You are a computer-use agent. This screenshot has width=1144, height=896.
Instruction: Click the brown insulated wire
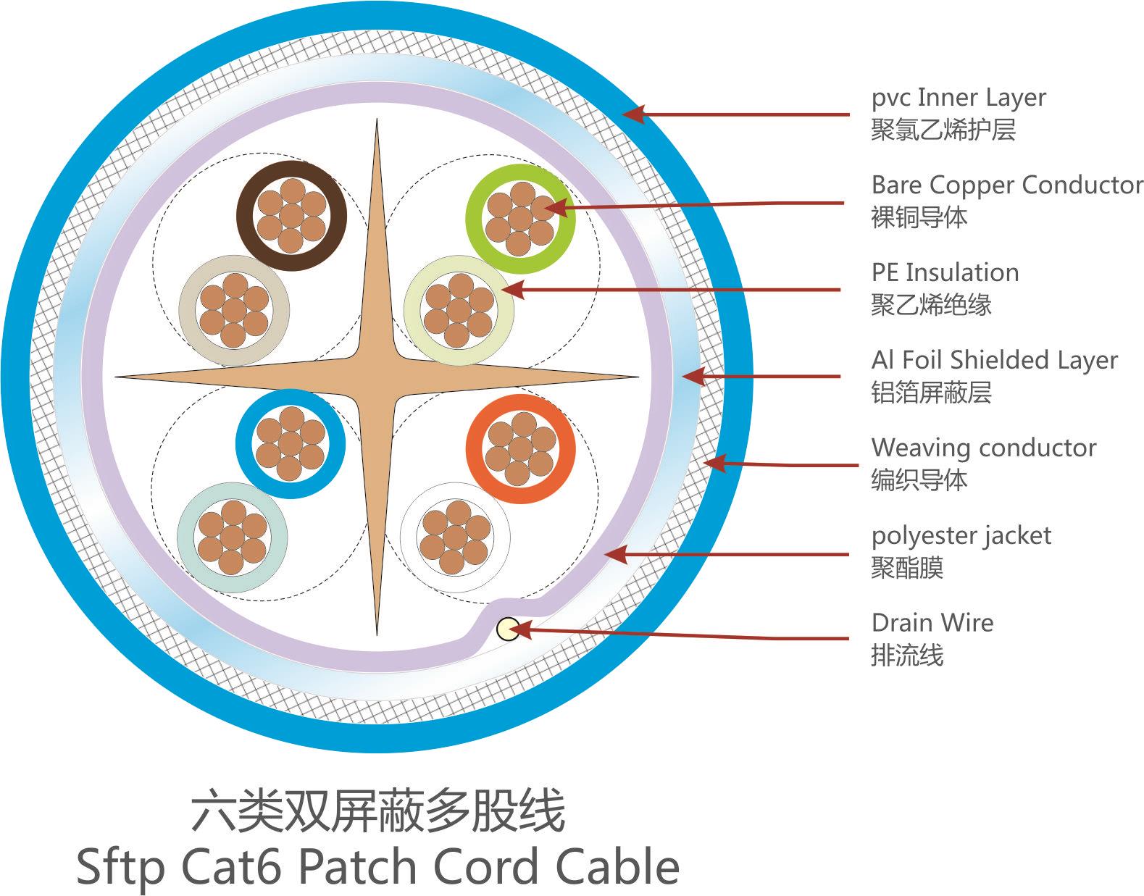click(291, 215)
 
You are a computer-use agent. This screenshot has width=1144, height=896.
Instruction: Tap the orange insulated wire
click(519, 449)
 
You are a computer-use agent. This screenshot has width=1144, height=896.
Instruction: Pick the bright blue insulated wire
click(291, 443)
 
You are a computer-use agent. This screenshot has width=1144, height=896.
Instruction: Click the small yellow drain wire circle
click(507, 629)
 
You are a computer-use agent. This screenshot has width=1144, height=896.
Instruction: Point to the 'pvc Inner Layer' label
click(958, 97)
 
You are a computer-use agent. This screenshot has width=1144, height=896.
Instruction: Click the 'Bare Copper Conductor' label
click(1006, 185)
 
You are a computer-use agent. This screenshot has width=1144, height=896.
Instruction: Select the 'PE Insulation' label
click(945, 272)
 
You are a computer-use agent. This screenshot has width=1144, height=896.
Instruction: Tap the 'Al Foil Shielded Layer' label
click(994, 360)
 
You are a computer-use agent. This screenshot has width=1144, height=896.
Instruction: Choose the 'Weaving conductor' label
click(983, 448)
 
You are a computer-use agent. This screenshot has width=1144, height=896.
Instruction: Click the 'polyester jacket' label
click(961, 535)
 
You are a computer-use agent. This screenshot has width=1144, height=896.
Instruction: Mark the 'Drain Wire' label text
click(932, 623)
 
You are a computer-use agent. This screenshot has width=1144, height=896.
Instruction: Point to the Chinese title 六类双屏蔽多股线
click(377, 811)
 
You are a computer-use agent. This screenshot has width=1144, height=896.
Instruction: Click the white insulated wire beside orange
click(455, 537)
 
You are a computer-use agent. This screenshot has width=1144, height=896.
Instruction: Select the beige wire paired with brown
click(234, 311)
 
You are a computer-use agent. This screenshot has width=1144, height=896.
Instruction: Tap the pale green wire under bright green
click(459, 311)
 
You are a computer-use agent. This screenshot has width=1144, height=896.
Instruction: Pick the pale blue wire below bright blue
click(232, 537)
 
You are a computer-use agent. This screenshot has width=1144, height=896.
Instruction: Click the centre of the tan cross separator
click(377, 377)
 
